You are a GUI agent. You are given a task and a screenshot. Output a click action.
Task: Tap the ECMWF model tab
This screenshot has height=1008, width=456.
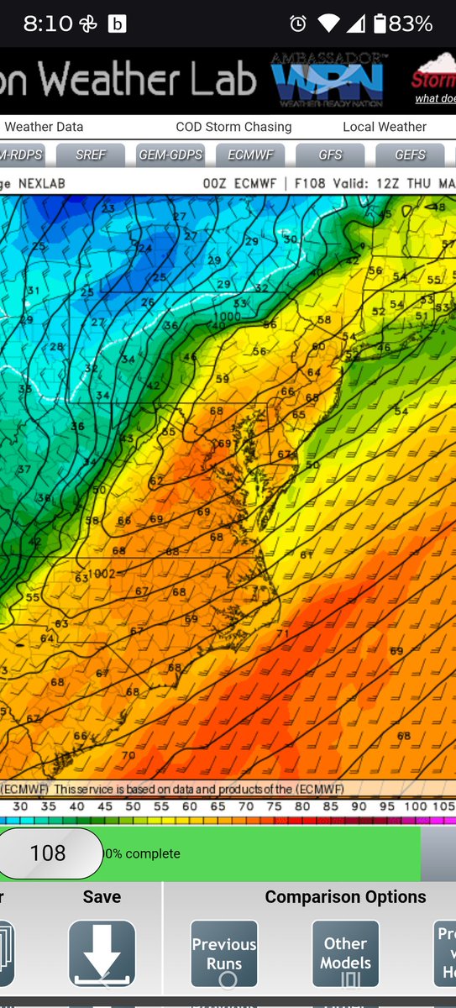[249, 155]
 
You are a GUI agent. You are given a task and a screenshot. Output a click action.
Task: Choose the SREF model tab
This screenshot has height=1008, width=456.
[91, 155]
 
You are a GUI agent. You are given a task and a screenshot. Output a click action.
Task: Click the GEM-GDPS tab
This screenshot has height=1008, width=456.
[170, 155]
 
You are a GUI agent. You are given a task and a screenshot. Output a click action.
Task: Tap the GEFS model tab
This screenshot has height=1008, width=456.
[410, 155]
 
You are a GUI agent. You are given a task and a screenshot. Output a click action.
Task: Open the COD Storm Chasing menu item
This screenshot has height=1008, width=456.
[233, 127]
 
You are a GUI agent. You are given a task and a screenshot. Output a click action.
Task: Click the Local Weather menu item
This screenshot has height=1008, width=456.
[385, 127]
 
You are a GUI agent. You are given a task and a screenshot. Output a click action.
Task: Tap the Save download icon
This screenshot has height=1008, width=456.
[102, 953]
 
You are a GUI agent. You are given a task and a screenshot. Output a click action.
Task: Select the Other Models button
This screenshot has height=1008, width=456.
[345, 953]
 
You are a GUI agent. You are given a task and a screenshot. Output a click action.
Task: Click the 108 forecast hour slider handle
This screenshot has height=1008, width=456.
[48, 853]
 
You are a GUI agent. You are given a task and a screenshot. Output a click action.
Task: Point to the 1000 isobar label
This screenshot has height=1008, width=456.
[226, 316]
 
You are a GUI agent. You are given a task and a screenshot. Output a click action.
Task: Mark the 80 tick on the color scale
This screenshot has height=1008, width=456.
[302, 806]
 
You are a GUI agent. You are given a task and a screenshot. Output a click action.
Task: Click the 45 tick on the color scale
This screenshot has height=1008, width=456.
[105, 806]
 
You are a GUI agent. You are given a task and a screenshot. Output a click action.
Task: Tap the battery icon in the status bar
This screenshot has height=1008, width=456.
[380, 24]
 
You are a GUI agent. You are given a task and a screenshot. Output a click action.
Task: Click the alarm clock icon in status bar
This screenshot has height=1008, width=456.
[297, 24]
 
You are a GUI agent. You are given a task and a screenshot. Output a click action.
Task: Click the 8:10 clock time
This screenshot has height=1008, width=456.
[48, 24]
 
